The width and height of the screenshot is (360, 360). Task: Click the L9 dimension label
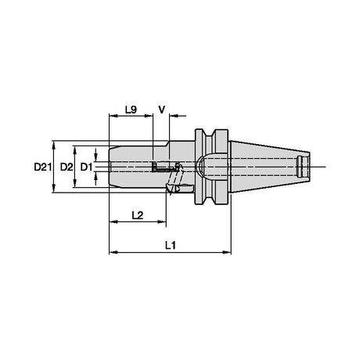(x=131, y=110)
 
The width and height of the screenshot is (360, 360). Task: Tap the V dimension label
(x=162, y=110)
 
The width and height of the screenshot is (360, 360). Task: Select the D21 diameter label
(x=42, y=167)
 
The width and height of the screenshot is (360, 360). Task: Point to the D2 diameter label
(x=67, y=167)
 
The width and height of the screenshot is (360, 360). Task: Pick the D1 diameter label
(x=86, y=167)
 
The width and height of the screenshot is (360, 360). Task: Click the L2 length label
(x=138, y=215)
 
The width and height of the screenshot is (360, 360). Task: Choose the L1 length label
(x=171, y=245)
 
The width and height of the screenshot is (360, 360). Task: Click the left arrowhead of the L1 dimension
(x=113, y=252)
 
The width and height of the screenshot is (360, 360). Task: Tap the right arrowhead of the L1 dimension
(x=226, y=252)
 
